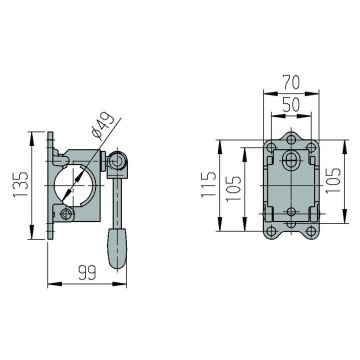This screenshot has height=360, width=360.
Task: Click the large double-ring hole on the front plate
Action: (x=291, y=160)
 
